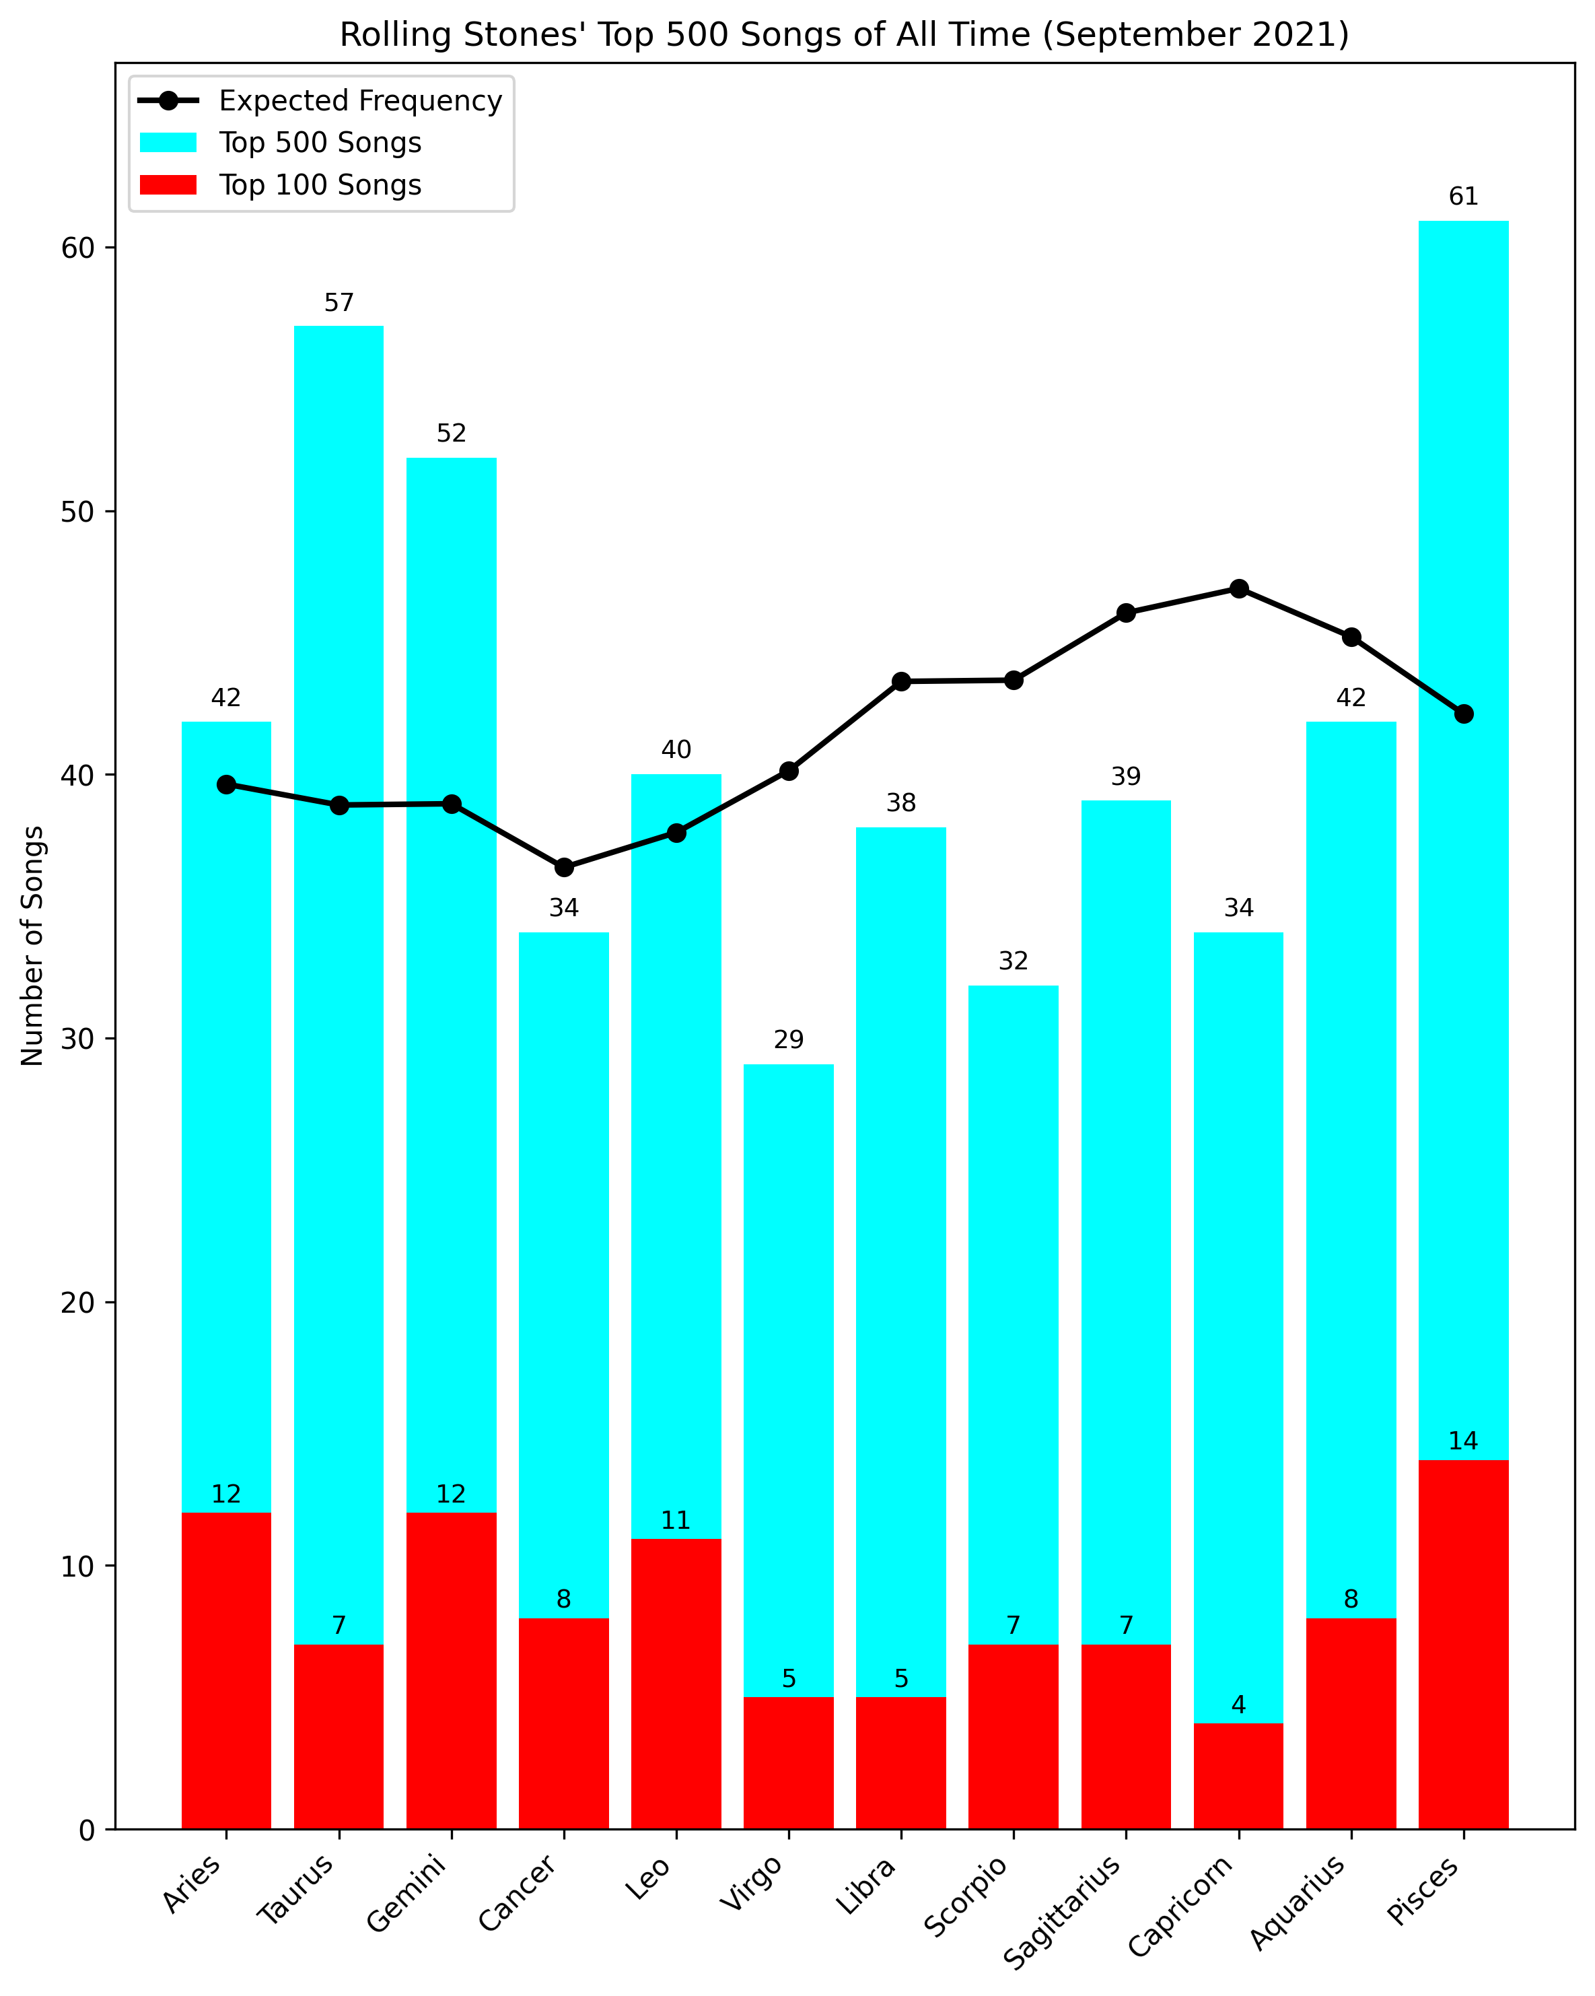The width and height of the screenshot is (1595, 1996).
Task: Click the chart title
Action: click(843, 34)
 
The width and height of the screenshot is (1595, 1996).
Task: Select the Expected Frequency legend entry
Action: click(320, 100)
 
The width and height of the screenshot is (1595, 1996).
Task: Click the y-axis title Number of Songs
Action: click(32, 946)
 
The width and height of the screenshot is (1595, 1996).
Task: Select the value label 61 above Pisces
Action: click(1464, 197)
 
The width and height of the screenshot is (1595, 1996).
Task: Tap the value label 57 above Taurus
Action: click(339, 303)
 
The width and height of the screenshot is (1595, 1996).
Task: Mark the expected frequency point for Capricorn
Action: click(1238, 589)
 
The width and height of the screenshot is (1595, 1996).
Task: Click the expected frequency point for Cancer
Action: click(564, 868)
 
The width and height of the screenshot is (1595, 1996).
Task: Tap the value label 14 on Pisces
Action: click(1464, 1441)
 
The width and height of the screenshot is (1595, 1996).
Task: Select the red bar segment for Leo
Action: click(676, 1684)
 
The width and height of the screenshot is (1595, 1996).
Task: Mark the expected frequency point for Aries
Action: click(226, 784)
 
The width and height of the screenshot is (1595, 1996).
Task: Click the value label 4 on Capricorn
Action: click(1238, 1705)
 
